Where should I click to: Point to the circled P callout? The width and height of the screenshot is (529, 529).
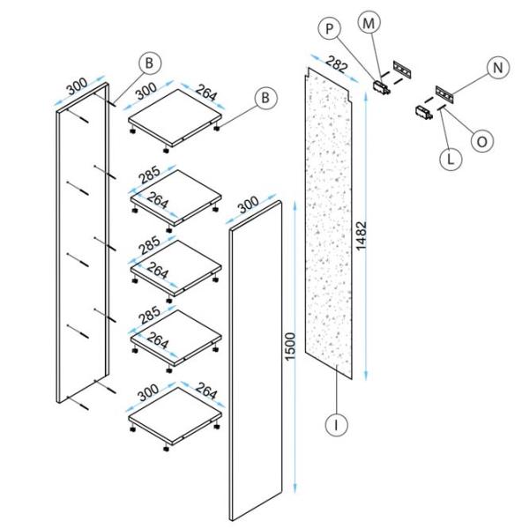click(x=332, y=29)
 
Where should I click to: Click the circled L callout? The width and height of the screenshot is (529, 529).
click(x=449, y=160)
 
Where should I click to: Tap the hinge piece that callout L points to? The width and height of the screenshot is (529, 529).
click(x=422, y=111)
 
